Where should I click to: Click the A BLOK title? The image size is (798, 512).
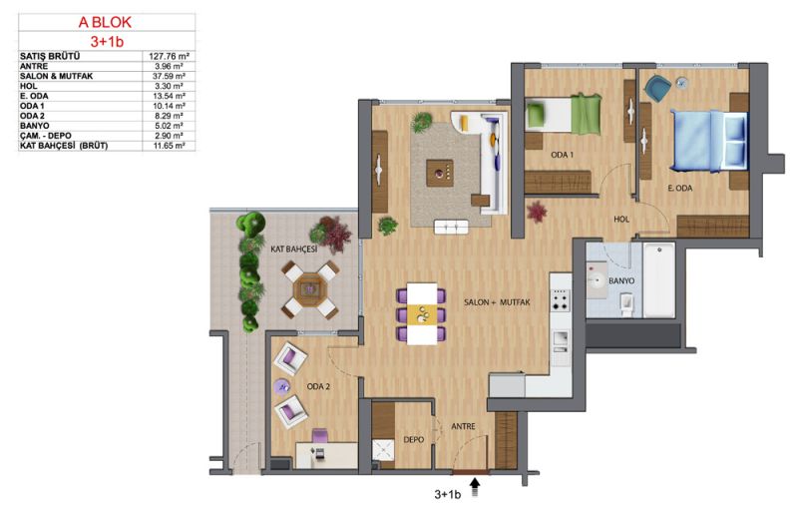tap(105, 22)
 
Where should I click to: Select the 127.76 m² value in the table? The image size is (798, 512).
tap(169, 57)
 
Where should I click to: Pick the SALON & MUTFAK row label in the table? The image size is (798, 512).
tap(57, 76)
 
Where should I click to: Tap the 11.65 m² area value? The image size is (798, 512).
tap(169, 146)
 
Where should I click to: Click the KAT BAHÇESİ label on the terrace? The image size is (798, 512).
tap(293, 249)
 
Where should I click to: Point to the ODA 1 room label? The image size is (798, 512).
tap(562, 155)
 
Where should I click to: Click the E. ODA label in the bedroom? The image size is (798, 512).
tap(680, 188)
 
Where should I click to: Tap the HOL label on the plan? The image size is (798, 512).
tap(621, 219)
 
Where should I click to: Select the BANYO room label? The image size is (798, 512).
tap(621, 280)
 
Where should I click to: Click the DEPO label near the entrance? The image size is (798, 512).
tap(413, 439)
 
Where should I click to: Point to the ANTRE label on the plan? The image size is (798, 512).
tap(463, 426)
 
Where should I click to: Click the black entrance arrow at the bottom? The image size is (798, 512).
tap(476, 486)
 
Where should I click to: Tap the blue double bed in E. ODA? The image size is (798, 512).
tap(708, 141)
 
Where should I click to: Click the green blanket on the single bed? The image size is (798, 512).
tap(586, 114)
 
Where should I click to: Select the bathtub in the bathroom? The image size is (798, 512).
tap(659, 280)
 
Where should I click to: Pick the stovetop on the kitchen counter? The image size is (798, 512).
tap(561, 300)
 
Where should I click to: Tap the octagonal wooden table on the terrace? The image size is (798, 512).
tap(308, 289)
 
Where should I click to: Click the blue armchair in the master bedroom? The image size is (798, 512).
tap(657, 88)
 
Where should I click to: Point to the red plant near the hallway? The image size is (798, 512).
tap(536, 212)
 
